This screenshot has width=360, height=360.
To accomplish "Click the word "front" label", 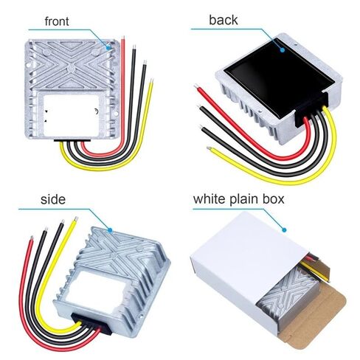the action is pos(57,21).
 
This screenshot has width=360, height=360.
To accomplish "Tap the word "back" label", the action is pos(224,20).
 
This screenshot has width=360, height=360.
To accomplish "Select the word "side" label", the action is pos(53,199).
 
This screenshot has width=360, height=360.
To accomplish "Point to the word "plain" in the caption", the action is pos(244,199).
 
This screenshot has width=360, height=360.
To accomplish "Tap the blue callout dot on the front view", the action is pos(108,48).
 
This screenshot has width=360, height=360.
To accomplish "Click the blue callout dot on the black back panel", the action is pos(283,50).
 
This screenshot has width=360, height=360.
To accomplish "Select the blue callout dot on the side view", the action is pos(110,230).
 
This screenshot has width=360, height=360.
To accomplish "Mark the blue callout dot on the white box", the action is pos(284,230).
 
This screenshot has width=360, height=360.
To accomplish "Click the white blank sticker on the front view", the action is pos(72,116).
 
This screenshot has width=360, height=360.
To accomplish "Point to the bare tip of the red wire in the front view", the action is pos(123,38).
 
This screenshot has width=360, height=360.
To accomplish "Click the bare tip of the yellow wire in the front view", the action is pos(152,81).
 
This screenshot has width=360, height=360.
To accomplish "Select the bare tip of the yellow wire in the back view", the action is pos(210,148).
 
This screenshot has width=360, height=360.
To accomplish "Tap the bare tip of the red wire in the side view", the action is pos(32,238).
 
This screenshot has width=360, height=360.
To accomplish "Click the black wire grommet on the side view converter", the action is pos(91,324).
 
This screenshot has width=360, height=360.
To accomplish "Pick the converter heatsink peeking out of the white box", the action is pos(285,293).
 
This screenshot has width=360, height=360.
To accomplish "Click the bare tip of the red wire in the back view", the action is pos(196,86).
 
